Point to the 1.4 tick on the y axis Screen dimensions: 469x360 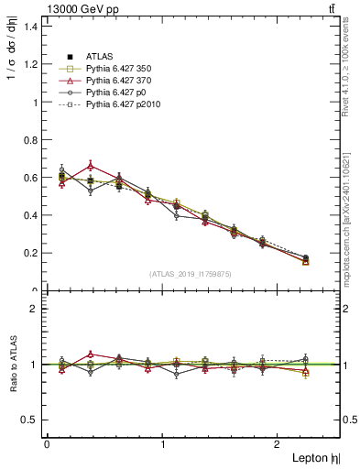click(x=31, y=27)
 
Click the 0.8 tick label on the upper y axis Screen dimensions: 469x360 click(x=31, y=140)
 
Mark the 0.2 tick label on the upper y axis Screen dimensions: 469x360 click(x=31, y=254)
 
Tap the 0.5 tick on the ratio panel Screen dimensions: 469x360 click(x=31, y=420)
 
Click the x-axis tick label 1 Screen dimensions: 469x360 click(x=163, y=443)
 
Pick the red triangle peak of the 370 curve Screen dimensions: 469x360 click(x=91, y=166)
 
